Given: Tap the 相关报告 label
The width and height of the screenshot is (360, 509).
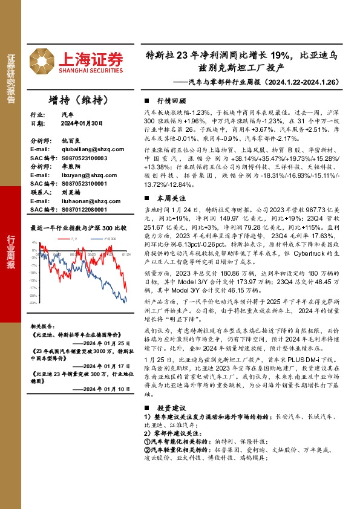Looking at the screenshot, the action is click(43, 325).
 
